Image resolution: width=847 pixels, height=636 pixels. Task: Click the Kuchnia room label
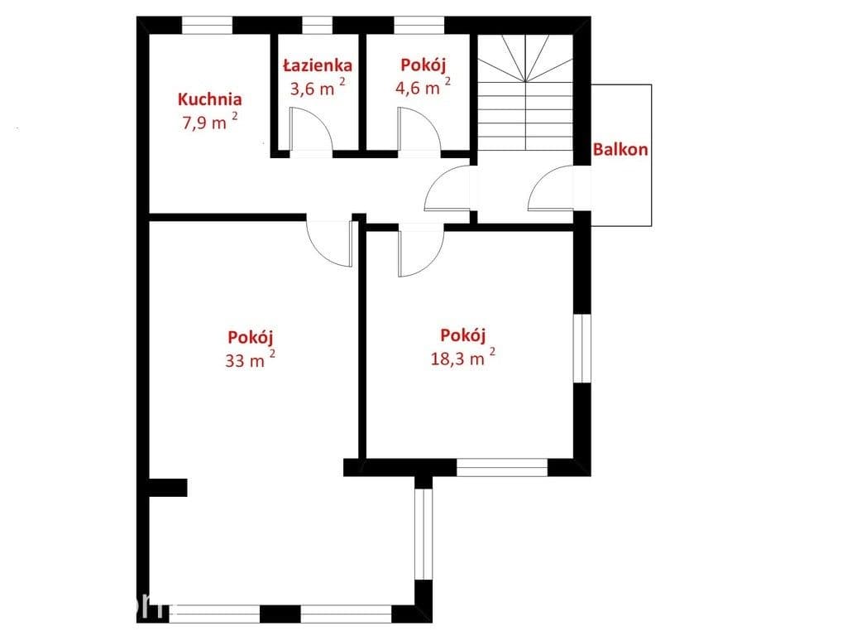[x=209, y=99]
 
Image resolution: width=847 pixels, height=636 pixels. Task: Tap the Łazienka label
[x=318, y=65]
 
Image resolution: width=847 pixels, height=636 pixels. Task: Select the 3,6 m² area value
[x=318, y=87]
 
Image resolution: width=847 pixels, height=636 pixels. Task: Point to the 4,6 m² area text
[x=423, y=86]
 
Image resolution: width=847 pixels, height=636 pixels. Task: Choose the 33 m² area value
[x=250, y=359]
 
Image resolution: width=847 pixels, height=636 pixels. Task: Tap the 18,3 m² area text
[x=463, y=357]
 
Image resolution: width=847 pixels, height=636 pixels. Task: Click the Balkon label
[x=620, y=149]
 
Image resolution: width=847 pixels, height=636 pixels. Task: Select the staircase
[x=525, y=92]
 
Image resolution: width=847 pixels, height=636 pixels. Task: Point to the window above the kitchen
[x=207, y=25]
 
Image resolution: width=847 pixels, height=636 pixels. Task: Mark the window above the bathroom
[x=317, y=25]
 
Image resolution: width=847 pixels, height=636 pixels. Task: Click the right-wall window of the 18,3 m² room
[x=582, y=349]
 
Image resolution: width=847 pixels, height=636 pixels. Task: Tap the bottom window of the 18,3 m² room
[x=502, y=468]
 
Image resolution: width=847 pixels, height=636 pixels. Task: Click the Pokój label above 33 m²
[x=250, y=338]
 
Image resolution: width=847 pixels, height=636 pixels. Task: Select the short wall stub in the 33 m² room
[x=168, y=487]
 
